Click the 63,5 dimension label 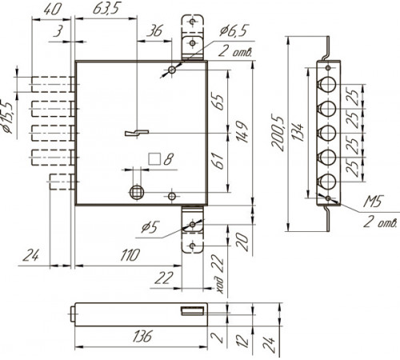(x=106, y=9)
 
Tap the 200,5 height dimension (x=278, y=134)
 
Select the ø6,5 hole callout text (x=234, y=30)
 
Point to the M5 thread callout (x=373, y=202)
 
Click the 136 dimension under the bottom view (x=143, y=336)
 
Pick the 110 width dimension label (x=130, y=255)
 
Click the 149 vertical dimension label (x=242, y=132)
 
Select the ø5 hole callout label (x=150, y=228)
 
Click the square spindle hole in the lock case (x=137, y=192)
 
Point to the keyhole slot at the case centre (x=137, y=133)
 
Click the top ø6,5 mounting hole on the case (x=172, y=70)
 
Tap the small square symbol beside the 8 (x=154, y=159)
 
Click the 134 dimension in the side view (x=298, y=132)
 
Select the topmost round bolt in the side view (x=328, y=84)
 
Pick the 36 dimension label (x=154, y=31)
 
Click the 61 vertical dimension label (x=219, y=161)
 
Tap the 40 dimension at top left (x=53, y=9)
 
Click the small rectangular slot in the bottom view (x=193, y=311)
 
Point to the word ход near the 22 (x=219, y=285)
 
